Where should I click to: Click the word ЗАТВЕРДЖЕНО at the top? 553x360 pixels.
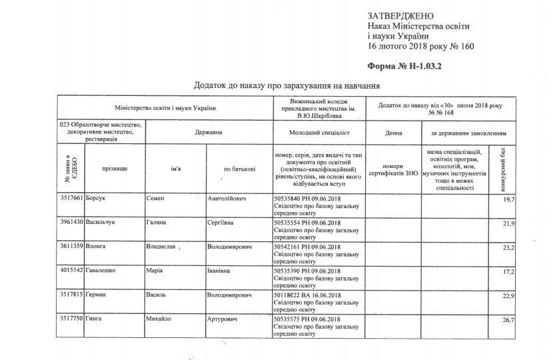click(400, 15)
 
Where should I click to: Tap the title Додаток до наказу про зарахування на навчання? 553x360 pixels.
click(286, 86)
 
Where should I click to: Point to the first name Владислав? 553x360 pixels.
click(161, 247)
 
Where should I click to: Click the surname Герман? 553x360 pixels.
click(97, 295)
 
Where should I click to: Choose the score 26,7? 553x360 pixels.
click(509, 321)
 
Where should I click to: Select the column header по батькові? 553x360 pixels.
click(239, 169)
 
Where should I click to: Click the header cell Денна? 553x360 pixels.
click(393, 133)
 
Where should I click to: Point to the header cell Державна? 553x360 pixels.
click(209, 133)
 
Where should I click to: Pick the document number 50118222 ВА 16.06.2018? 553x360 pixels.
click(308, 295)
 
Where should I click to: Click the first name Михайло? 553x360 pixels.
click(159, 319)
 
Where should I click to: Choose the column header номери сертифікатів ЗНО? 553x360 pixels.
click(393, 169)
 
